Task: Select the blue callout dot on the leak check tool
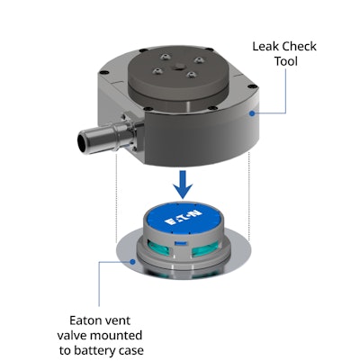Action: click(x=250, y=115)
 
